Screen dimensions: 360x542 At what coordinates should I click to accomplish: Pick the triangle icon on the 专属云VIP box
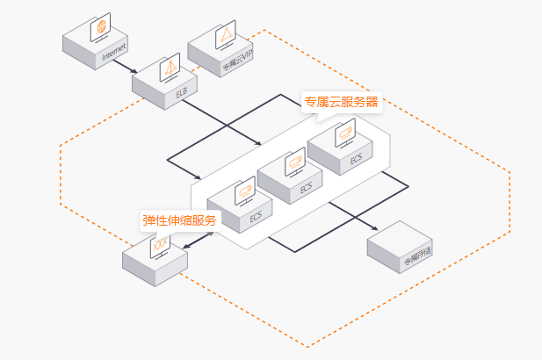(x=225, y=35)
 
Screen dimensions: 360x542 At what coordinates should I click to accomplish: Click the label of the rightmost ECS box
(x=356, y=160)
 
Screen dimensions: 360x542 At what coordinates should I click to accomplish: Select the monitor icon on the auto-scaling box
(x=158, y=245)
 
